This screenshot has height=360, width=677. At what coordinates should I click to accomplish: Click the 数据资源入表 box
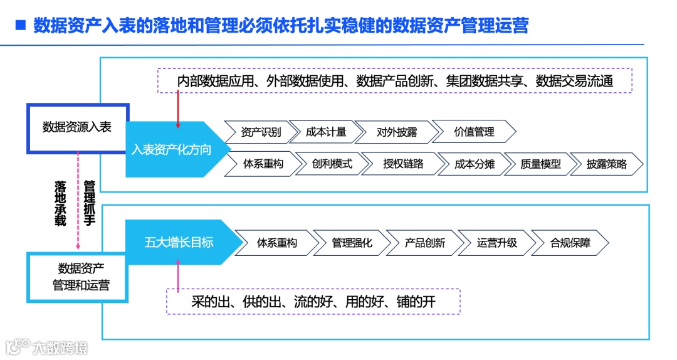(x=77, y=127)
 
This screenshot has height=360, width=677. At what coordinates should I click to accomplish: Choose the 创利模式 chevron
(x=328, y=164)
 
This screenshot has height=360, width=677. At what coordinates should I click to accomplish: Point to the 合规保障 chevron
(x=569, y=243)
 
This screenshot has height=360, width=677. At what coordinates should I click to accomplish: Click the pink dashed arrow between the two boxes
(x=77, y=201)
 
